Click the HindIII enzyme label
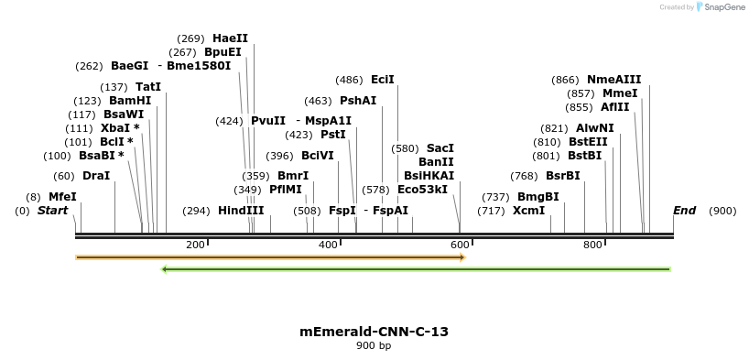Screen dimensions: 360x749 [x=241, y=211]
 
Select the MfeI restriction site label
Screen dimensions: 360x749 [x=62, y=197]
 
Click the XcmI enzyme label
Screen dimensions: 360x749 [x=528, y=211]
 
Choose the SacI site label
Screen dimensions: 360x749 [x=440, y=148]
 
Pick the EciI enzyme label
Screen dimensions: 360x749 [x=383, y=80]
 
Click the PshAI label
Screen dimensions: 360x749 [x=358, y=101]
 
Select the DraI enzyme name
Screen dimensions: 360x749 [x=96, y=176]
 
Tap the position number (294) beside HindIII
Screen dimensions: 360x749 [x=196, y=211]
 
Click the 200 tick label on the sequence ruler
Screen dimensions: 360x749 [x=195, y=245]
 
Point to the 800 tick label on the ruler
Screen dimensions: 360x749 [x=592, y=245]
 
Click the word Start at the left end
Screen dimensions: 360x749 [x=52, y=211]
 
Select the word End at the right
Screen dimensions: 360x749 [x=684, y=211]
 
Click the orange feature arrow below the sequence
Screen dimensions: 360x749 [x=270, y=257]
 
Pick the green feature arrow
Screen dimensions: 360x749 [x=417, y=269]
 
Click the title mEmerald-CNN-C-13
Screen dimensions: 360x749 [x=374, y=332]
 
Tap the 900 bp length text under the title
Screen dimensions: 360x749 [x=374, y=346]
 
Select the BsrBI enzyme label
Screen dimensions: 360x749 [x=563, y=176]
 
